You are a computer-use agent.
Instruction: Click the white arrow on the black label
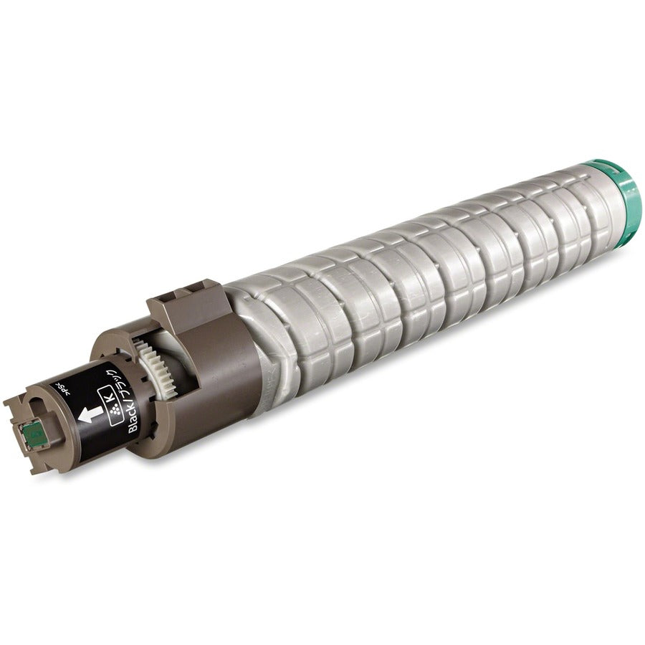(89, 414)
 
